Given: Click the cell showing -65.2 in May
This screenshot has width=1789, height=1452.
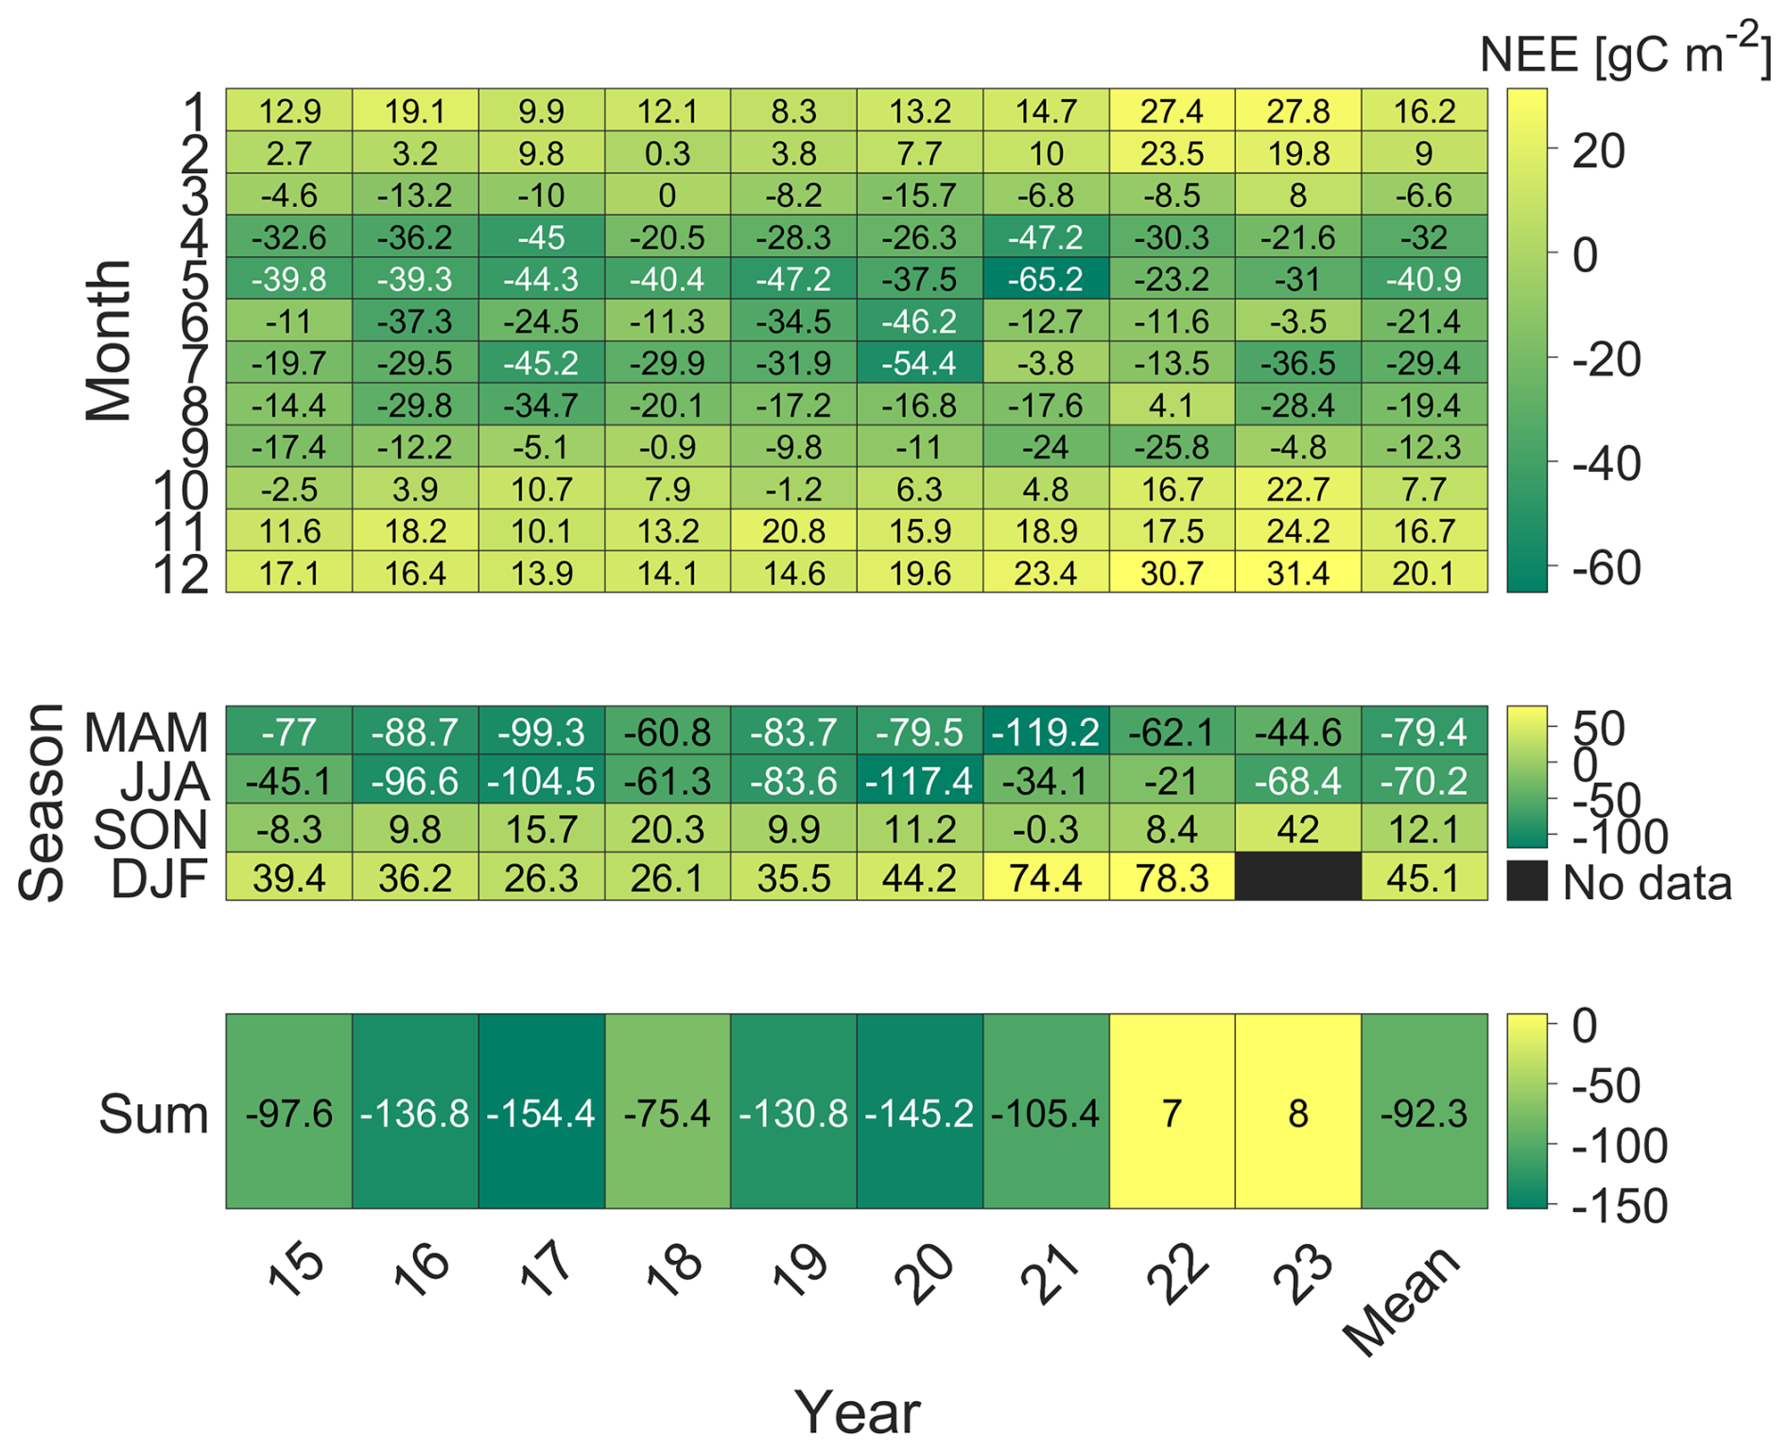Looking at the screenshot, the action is pyautogui.click(x=1046, y=279).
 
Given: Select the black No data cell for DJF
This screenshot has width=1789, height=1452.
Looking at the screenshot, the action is pyautogui.click(x=1298, y=876).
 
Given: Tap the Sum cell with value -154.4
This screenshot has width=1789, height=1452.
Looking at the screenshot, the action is pyautogui.click(x=542, y=1111).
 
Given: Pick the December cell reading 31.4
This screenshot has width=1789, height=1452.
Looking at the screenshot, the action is pyautogui.click(x=1298, y=572).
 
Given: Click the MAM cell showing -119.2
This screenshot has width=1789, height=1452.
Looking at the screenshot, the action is pyautogui.click(x=1046, y=731).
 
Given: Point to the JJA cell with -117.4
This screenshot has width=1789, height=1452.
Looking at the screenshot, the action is pyautogui.click(x=920, y=780).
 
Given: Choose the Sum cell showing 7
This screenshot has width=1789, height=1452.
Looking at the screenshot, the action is pyautogui.click(x=1172, y=1111).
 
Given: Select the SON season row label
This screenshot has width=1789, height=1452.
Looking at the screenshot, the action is pyautogui.click(x=150, y=830).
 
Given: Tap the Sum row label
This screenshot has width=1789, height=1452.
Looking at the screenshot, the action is pyautogui.click(x=153, y=1114).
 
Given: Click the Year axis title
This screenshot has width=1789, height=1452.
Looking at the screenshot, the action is pyautogui.click(x=858, y=1412).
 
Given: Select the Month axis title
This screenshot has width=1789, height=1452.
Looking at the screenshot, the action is pyautogui.click(x=108, y=340).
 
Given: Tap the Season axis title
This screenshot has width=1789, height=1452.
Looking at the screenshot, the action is pyautogui.click(x=42, y=803).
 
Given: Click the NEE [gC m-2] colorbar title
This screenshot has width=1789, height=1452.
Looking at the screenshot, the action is pyautogui.click(x=1625, y=51).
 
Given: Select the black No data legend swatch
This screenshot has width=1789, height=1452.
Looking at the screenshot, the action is pyautogui.click(x=1527, y=880).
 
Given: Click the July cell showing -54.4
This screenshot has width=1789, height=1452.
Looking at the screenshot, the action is pyautogui.click(x=920, y=363).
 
